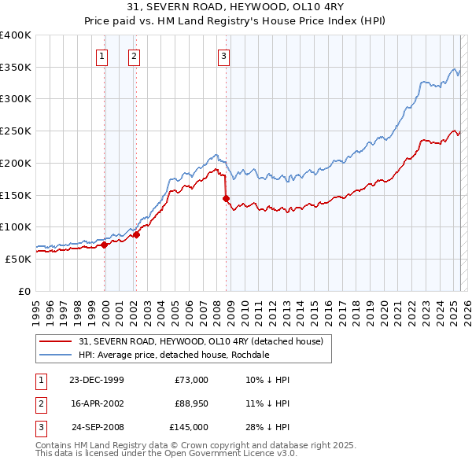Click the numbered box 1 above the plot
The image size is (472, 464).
coord(103,56)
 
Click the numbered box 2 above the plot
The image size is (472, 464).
coord(135,56)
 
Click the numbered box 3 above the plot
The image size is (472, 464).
coord(223,56)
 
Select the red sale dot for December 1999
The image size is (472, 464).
coord(105,245)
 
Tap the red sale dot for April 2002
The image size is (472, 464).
coord(136,234)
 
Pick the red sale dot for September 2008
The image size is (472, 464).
coord(226,198)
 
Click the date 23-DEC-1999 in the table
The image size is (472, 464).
coord(96,380)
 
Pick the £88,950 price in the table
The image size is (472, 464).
coord(191,403)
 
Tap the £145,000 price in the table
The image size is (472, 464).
coord(189,427)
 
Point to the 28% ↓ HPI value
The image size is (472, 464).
coord(267,427)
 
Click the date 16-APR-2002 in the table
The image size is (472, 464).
coord(96,403)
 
